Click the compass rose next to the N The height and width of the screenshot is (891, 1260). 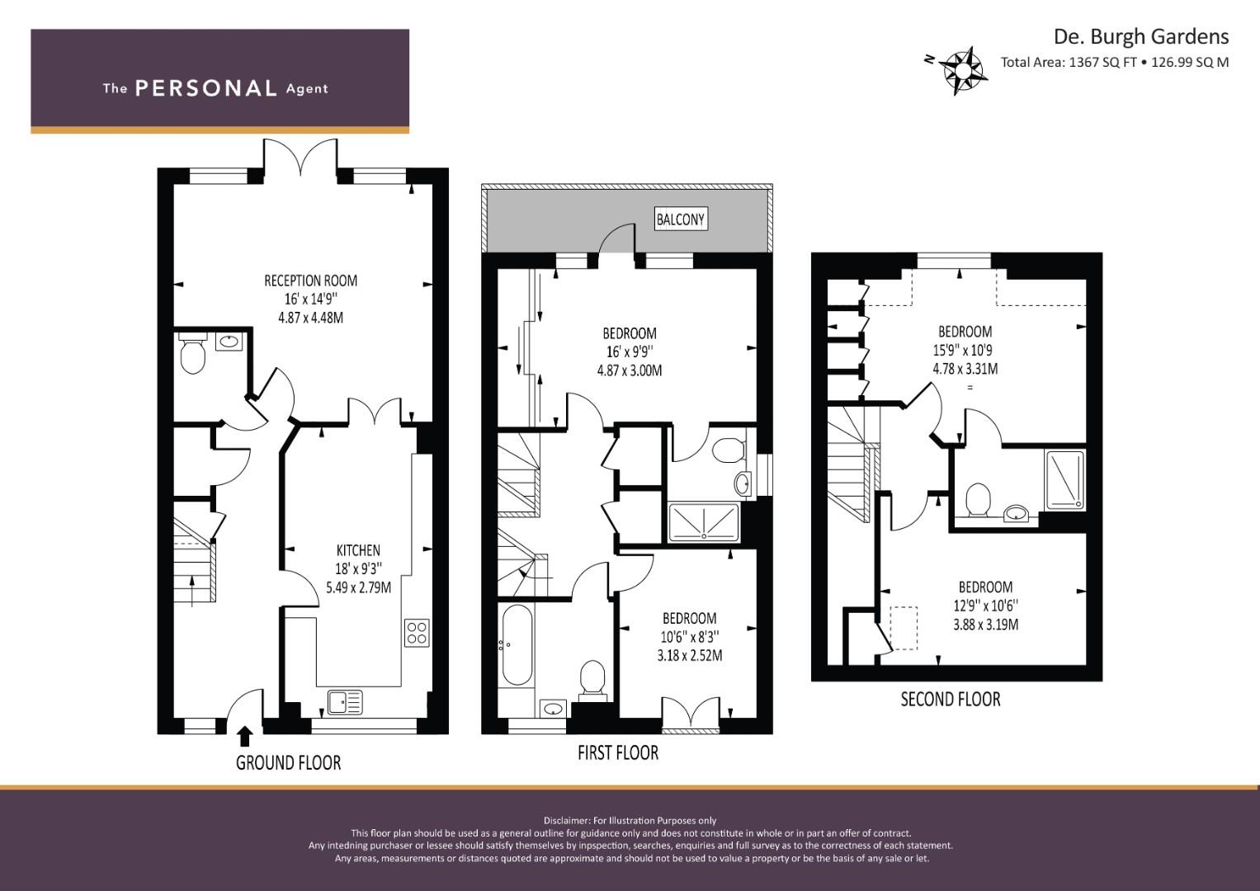963,71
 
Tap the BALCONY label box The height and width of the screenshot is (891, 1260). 681,219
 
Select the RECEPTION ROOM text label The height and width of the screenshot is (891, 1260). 310,280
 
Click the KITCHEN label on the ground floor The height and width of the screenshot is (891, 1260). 358,550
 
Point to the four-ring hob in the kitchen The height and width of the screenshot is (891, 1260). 417,633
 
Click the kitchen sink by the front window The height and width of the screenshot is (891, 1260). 345,702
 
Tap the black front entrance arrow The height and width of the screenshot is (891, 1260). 245,736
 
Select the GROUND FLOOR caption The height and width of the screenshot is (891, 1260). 288,763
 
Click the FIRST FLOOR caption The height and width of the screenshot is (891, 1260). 618,752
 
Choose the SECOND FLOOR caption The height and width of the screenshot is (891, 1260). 951,700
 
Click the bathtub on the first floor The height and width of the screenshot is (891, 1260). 516,644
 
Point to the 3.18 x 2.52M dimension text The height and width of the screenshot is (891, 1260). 690,655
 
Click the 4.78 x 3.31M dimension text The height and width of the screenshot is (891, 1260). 965,369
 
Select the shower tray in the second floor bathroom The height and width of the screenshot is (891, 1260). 1064,480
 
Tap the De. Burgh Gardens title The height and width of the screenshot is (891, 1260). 1140,36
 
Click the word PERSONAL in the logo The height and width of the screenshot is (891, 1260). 206,88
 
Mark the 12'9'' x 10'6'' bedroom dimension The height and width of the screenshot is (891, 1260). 985,606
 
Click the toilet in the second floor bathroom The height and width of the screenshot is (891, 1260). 978,499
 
